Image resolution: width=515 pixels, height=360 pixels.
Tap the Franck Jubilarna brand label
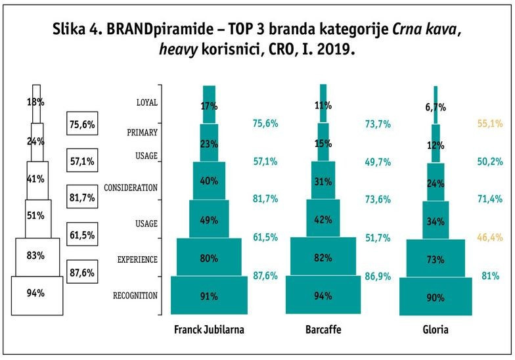coord(209,330)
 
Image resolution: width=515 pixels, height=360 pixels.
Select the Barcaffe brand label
coord(323,330)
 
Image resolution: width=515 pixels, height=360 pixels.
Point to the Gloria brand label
coord(435,330)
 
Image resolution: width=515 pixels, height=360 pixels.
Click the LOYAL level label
coord(146,102)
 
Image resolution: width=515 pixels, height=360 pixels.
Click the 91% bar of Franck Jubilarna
coord(209,296)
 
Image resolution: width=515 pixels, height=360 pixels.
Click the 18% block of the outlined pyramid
coord(36,102)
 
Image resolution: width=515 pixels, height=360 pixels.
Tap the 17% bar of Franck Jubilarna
coord(209,105)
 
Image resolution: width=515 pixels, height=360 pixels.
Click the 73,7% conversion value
coord(378,124)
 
